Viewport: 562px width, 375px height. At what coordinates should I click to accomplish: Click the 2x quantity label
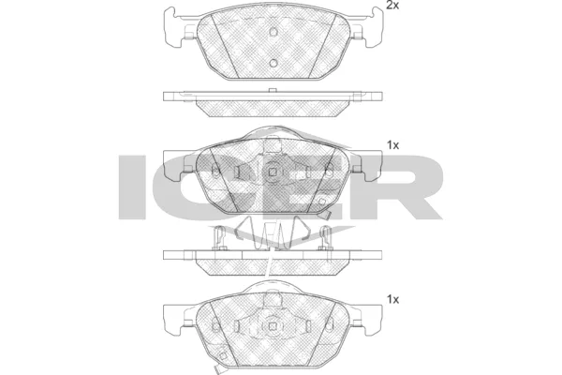(x=393, y=7)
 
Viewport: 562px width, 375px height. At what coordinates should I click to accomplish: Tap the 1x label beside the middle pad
(x=393, y=145)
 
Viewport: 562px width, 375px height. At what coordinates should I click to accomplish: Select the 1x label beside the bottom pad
(x=393, y=299)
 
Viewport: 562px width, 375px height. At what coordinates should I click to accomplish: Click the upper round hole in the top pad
(x=274, y=32)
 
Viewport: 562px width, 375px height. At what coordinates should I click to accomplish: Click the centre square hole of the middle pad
(x=274, y=172)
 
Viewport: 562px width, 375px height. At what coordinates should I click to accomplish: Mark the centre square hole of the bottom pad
(x=274, y=325)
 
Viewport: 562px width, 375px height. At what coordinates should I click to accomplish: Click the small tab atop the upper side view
(x=270, y=91)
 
